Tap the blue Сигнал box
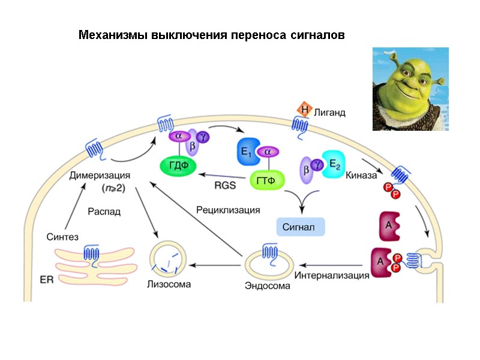299,227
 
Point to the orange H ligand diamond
305,110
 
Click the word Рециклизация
228,209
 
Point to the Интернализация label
331,275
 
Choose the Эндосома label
267,286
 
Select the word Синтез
62,236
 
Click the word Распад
104,211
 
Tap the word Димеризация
99,176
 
